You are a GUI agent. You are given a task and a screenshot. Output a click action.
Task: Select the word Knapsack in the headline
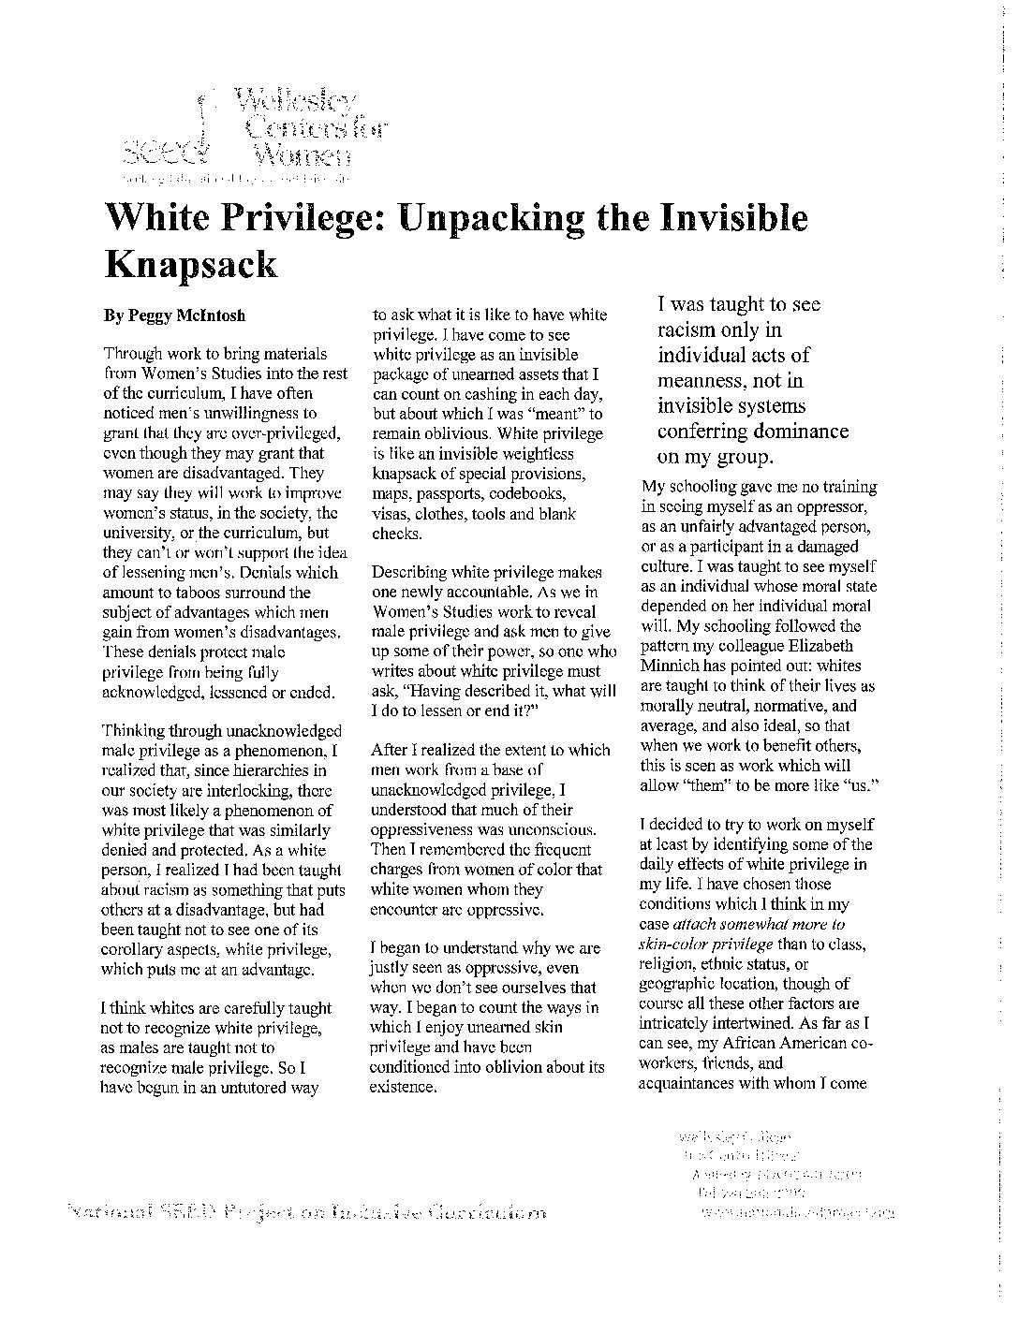[192, 266]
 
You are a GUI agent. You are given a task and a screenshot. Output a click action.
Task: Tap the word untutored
[249, 1088]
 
